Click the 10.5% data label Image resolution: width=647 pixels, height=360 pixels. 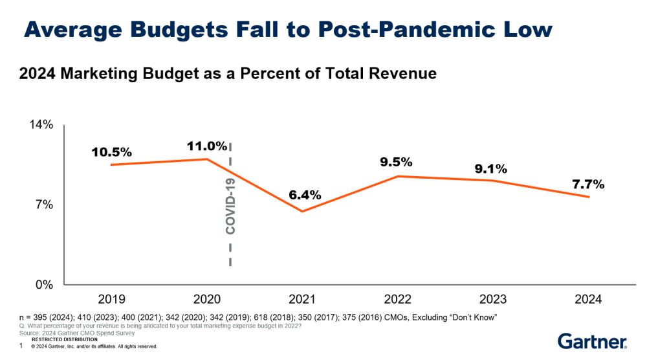(x=111, y=152)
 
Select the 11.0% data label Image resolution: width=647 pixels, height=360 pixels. (x=207, y=146)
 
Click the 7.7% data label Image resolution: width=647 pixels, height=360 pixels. (x=588, y=185)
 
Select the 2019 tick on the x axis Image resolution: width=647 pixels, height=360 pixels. (x=111, y=299)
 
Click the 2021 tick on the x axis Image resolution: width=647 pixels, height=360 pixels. (x=302, y=299)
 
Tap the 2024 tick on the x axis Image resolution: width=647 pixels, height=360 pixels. (x=587, y=299)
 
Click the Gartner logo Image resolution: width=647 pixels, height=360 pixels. (x=591, y=341)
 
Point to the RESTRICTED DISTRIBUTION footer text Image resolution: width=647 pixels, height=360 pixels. (x=64, y=339)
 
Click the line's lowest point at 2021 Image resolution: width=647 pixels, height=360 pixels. (x=302, y=211)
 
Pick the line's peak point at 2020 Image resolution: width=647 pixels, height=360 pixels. (x=207, y=159)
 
